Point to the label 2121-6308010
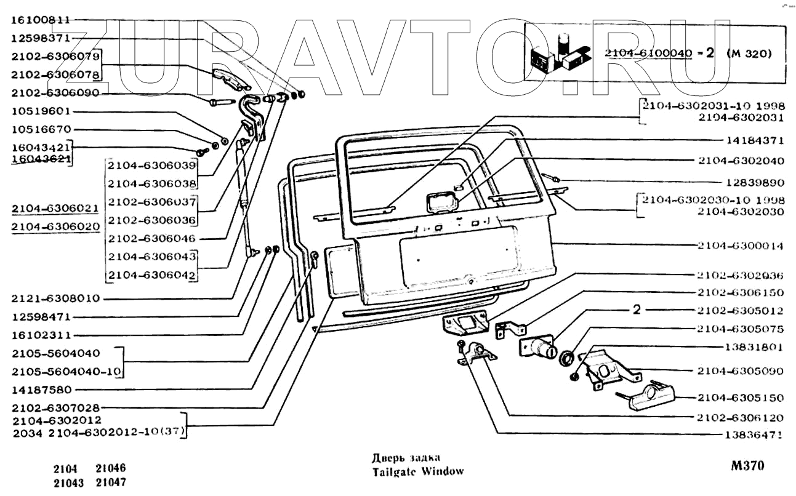(x=55, y=298)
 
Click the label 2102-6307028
(x=55, y=407)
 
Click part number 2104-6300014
(x=740, y=246)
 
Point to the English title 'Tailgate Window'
(x=417, y=472)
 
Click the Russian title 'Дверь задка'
(x=405, y=458)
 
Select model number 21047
(x=111, y=482)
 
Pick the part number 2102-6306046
(x=151, y=238)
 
